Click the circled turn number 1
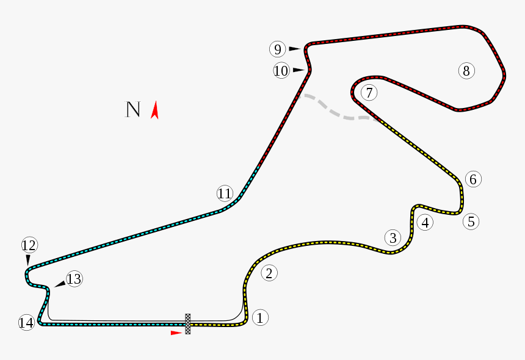(260, 317)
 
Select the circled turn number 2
(269, 273)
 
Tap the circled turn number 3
(393, 237)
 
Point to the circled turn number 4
(425, 222)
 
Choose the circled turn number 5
(471, 221)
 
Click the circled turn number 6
(473, 179)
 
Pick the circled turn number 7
(369, 93)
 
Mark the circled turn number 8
(466, 71)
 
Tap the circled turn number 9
(277, 49)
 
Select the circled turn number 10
(281, 71)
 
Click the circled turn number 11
(225, 193)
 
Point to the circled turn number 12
(29, 245)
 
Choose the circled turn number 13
(74, 279)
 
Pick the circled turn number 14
(26, 323)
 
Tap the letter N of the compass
(133, 109)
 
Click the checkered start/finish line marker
(188, 324)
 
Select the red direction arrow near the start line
(176, 333)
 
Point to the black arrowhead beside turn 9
(294, 48)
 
